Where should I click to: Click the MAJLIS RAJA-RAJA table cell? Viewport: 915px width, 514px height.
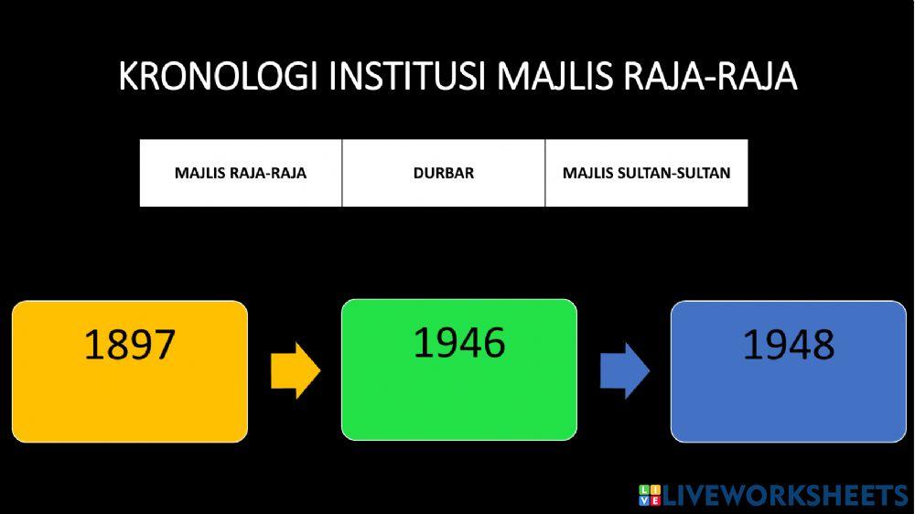click(241, 173)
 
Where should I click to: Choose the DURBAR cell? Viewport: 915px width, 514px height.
click(444, 173)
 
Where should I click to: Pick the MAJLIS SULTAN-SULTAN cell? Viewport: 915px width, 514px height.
click(646, 173)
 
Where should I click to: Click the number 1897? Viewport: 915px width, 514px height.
click(129, 344)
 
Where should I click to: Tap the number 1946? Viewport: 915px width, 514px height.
click(459, 342)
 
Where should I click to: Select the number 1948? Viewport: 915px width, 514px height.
click(788, 345)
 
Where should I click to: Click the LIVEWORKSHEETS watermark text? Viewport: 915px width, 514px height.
click(785, 496)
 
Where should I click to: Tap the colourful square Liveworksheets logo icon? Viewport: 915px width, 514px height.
click(649, 496)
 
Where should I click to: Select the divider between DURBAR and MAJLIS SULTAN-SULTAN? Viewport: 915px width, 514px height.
click(545, 173)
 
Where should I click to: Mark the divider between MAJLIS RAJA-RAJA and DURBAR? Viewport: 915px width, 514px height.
click(342, 173)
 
